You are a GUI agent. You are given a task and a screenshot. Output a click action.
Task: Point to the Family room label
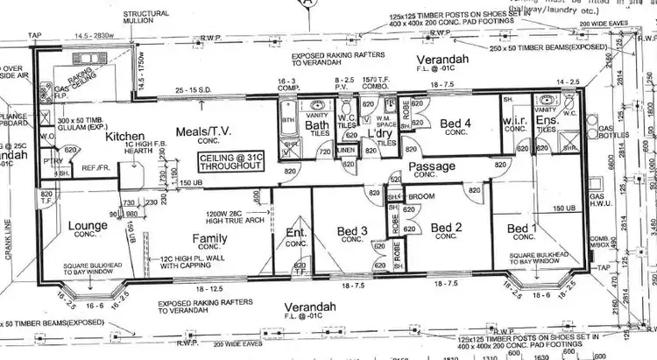click(210, 236)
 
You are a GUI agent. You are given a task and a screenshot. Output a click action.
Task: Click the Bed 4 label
click(455, 124)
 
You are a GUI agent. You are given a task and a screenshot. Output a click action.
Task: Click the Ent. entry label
click(295, 231)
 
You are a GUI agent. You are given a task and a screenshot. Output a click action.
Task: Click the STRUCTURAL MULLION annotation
click(145, 19)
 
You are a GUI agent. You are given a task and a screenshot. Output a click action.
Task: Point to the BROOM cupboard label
click(422, 197)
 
